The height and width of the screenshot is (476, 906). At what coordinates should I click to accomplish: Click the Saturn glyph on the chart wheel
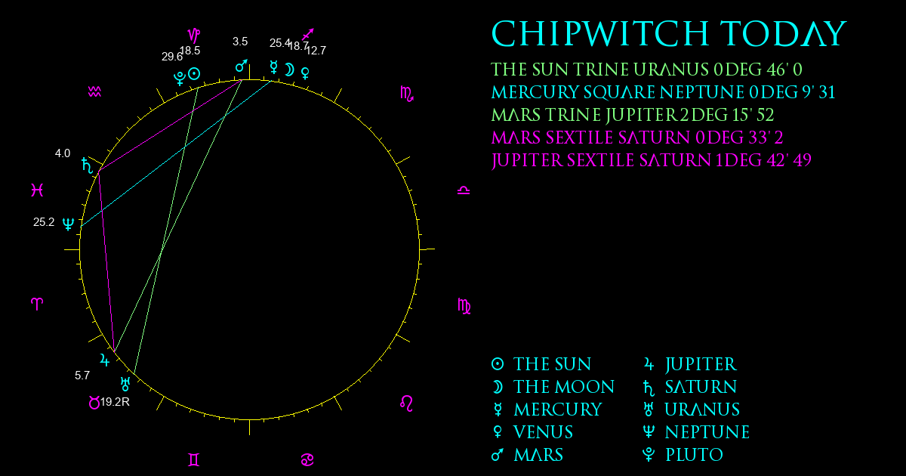[x=88, y=165]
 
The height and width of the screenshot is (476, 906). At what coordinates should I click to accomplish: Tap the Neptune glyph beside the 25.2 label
[x=69, y=224]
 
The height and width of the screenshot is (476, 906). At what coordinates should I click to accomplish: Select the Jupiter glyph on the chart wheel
[x=105, y=360]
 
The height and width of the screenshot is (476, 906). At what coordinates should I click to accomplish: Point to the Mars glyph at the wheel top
[x=242, y=66]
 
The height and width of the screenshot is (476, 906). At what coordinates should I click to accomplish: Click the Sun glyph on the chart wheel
[x=194, y=74]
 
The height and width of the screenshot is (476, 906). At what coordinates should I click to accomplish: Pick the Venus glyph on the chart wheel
[x=305, y=73]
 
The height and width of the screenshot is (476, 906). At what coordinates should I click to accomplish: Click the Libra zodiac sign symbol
[x=464, y=190]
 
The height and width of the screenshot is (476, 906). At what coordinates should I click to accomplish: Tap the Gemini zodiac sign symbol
[x=194, y=460]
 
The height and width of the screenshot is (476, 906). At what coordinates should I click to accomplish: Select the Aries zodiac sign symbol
[x=37, y=304]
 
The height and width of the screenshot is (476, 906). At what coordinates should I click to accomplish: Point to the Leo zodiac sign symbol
[x=406, y=403]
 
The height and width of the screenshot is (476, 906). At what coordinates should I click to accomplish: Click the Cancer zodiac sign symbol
[x=307, y=460]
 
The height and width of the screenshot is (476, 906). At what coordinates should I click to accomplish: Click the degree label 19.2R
[x=115, y=402]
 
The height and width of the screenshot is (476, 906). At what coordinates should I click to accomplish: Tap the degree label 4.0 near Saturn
[x=63, y=153]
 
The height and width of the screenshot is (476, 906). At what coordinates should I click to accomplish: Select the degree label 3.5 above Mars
[x=240, y=42]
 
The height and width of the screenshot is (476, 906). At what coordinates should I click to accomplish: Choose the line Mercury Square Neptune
[x=663, y=92]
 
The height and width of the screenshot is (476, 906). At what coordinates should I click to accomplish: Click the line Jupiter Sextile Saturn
[x=651, y=160]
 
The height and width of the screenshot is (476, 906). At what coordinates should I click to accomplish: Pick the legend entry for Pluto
[x=683, y=455]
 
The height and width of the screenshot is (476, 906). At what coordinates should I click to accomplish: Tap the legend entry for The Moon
[x=553, y=387]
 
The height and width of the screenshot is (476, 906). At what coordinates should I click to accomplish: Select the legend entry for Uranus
[x=692, y=410]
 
